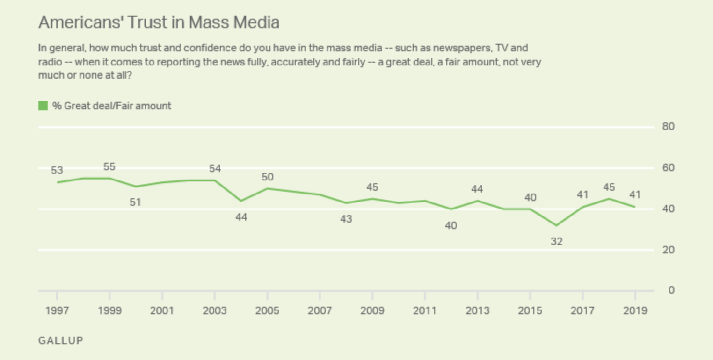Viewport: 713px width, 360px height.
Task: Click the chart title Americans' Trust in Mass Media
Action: tap(159, 22)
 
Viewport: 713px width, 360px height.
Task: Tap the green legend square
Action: tap(43, 106)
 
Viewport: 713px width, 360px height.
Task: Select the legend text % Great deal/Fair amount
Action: tap(112, 106)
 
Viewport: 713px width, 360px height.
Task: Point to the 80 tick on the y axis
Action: tap(668, 127)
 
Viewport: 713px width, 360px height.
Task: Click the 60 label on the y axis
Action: tap(668, 168)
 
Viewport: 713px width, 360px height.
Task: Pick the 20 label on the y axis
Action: tap(668, 250)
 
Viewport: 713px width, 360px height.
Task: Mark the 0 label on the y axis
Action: tap(671, 290)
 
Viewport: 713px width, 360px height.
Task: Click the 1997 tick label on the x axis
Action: tap(57, 310)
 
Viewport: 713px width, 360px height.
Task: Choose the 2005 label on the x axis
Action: tap(267, 310)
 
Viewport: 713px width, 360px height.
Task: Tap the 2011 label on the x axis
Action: tap(425, 310)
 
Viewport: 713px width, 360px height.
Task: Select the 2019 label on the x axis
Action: tap(635, 310)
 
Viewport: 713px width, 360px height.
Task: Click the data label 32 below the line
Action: tap(556, 242)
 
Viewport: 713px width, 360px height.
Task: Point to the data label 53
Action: tap(57, 171)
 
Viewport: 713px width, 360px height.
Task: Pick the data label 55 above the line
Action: tap(109, 167)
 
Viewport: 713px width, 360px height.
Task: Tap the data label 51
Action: tap(136, 202)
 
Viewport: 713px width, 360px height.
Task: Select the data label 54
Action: tap(215, 169)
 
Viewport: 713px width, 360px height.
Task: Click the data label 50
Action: tap(267, 177)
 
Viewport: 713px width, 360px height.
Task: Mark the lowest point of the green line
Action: tap(556, 225)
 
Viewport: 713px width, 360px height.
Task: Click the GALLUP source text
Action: tap(60, 340)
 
